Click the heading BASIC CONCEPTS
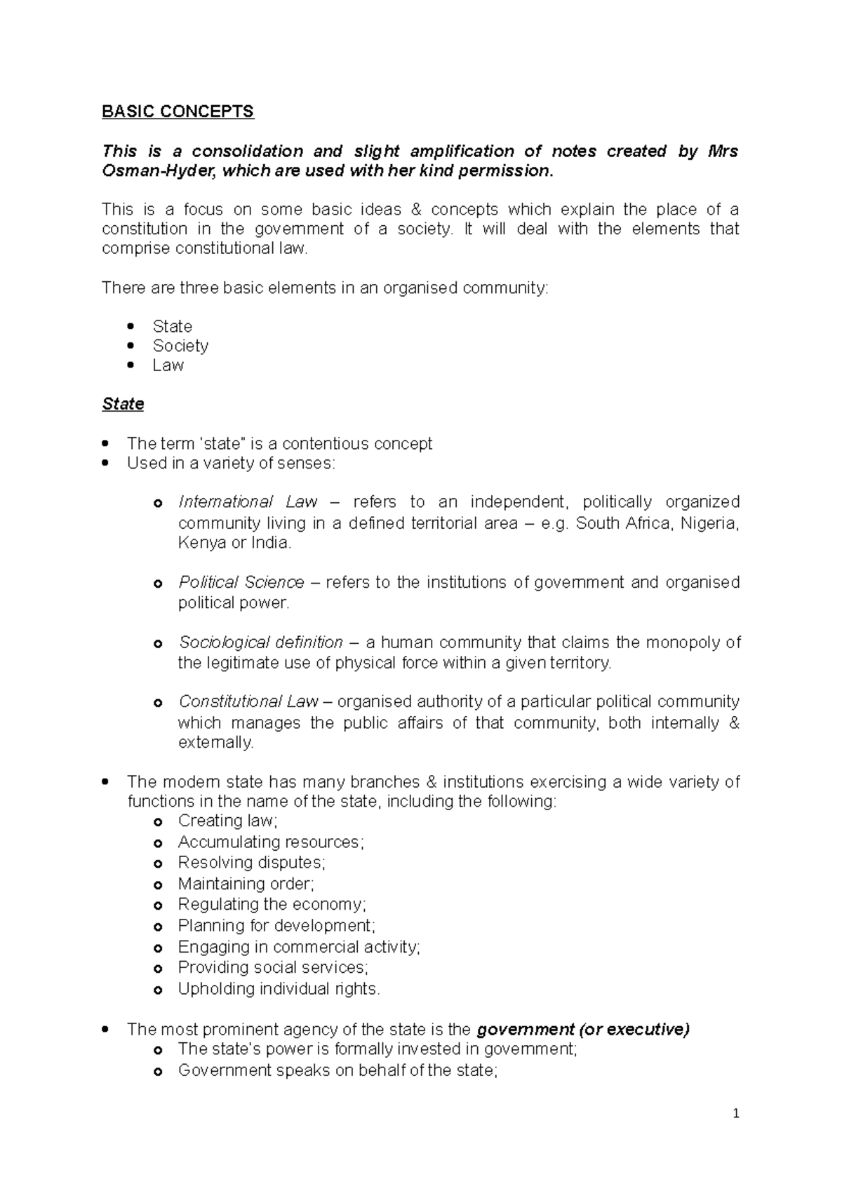(x=178, y=112)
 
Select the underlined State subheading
(x=123, y=404)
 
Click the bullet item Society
(x=180, y=346)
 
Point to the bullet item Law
(x=168, y=365)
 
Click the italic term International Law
(x=248, y=502)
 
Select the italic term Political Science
(x=241, y=583)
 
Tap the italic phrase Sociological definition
(x=260, y=642)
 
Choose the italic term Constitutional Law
(x=248, y=702)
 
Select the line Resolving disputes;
(x=251, y=863)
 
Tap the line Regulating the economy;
(x=272, y=905)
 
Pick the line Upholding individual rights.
(x=279, y=989)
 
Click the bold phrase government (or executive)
(x=582, y=1030)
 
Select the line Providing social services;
(x=273, y=968)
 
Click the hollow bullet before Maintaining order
(x=159, y=885)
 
